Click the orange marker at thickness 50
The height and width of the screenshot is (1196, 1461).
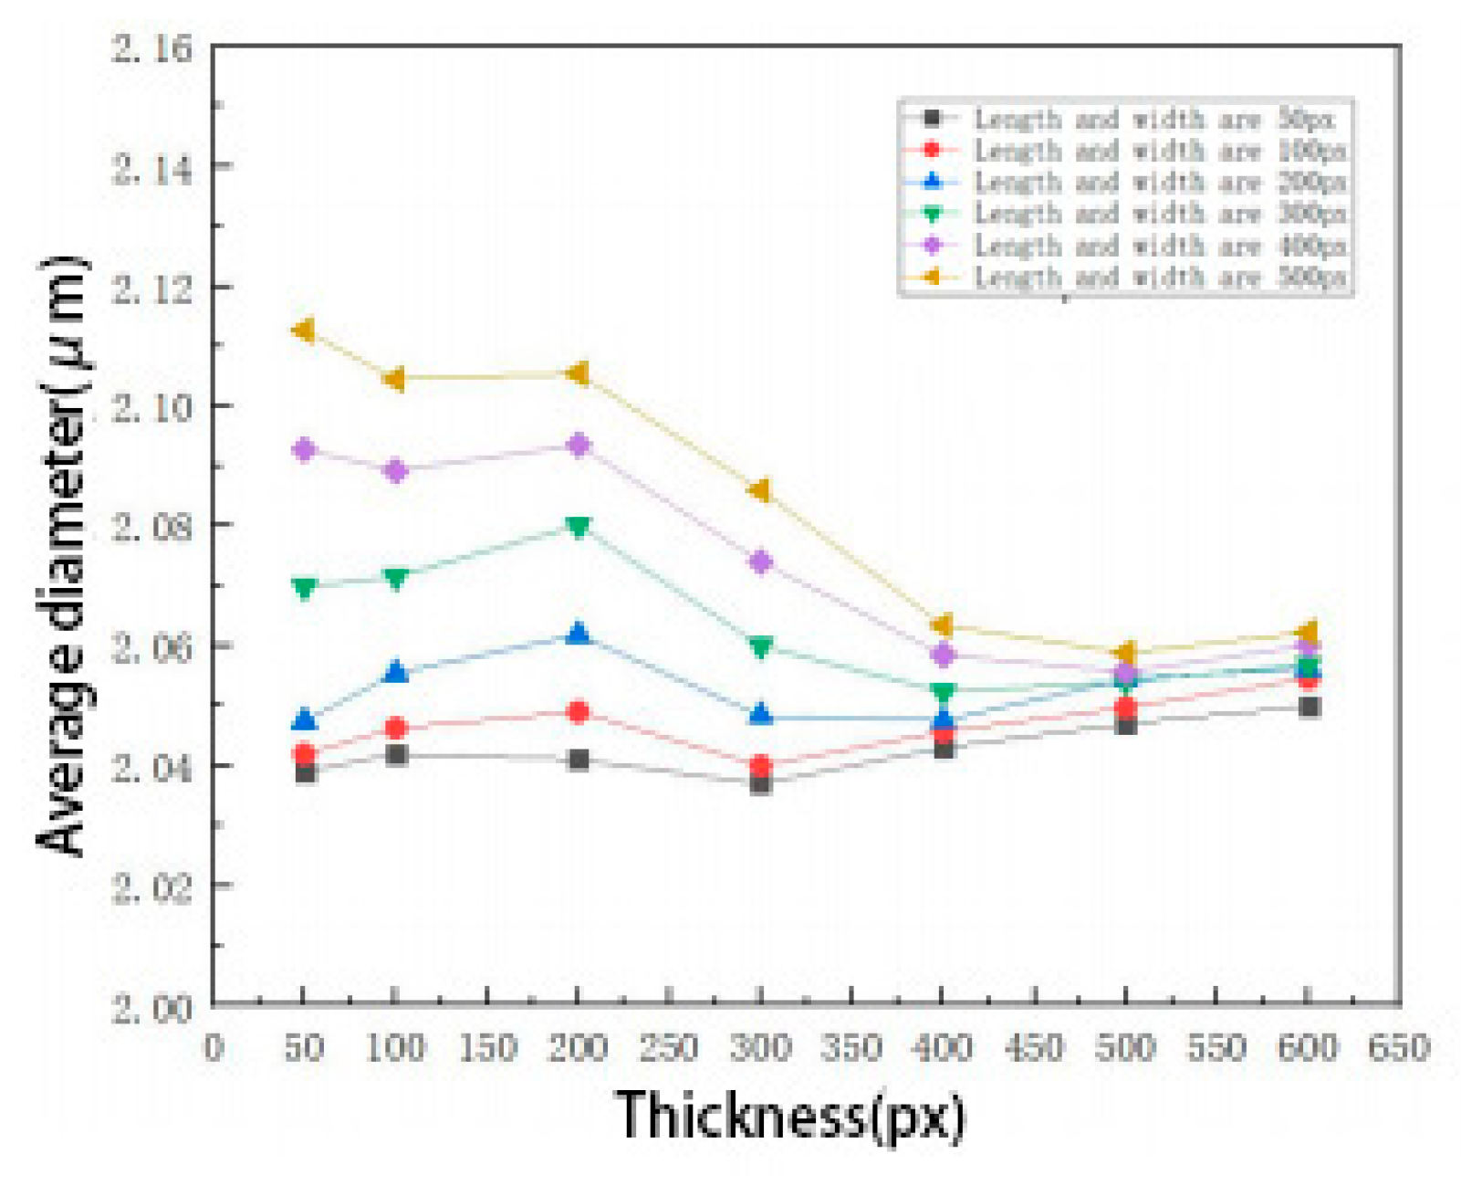(304, 330)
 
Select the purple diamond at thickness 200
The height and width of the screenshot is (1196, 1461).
(578, 446)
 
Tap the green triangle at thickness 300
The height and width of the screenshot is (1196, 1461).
(760, 647)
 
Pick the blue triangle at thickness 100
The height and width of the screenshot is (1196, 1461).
(395, 673)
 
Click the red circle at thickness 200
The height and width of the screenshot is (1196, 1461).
(578, 712)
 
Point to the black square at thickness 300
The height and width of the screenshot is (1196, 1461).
(760, 783)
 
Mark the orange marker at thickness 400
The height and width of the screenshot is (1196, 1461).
(943, 625)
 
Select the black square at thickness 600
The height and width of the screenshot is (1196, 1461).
(1309, 707)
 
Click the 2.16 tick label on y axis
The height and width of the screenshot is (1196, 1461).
(152, 47)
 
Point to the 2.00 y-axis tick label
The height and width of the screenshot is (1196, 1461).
(152, 1009)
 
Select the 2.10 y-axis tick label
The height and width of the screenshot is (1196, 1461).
(152, 407)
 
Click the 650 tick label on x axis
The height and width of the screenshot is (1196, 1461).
(1399, 1047)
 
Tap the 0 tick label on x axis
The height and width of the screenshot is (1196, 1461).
(214, 1047)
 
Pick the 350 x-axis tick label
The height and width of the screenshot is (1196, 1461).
(851, 1047)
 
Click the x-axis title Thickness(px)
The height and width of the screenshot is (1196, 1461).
(789, 1116)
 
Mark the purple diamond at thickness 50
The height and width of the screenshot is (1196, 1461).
(304, 450)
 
